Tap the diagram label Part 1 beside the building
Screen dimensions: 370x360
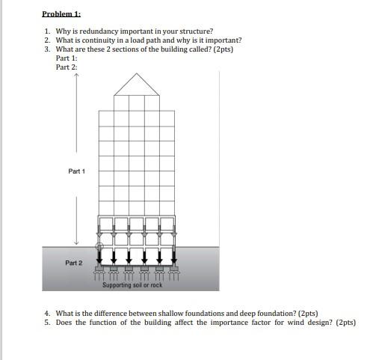76,171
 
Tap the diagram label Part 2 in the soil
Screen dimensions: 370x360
73,263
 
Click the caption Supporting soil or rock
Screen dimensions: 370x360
132,285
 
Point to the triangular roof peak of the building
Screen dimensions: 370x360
137,76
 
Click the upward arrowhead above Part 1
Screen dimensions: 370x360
76,77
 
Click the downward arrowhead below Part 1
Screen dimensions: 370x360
76,242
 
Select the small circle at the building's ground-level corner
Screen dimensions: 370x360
99,246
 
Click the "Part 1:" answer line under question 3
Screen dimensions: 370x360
67,58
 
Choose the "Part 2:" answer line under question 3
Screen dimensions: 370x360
67,67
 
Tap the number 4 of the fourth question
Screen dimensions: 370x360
46,314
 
